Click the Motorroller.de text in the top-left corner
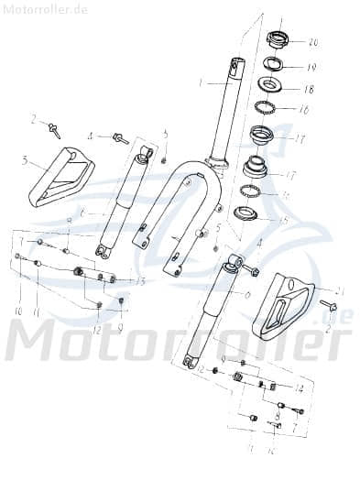click(45, 9)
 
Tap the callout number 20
click(313, 42)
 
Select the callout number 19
click(311, 67)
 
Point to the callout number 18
click(309, 90)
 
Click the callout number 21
click(338, 290)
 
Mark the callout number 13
click(140, 280)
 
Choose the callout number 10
click(16, 311)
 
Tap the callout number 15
click(283, 220)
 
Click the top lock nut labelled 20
click(278, 40)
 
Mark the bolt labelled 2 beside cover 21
click(327, 305)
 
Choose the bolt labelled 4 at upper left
click(120, 139)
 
